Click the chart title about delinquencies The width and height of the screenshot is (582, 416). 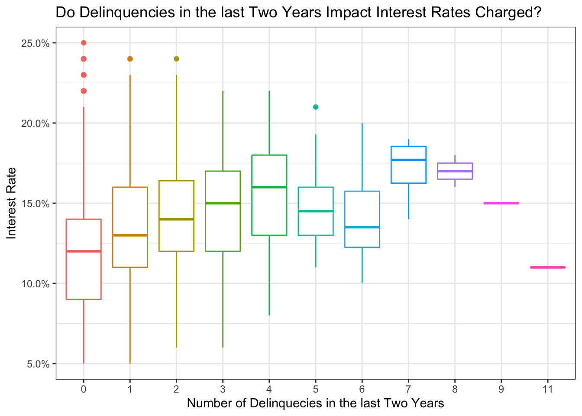299,13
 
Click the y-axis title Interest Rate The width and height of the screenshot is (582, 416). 12,203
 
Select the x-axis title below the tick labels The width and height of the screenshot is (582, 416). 315,403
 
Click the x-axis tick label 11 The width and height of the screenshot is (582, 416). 548,389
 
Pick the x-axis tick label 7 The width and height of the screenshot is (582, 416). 408,389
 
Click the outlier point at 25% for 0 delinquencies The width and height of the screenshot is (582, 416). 84,43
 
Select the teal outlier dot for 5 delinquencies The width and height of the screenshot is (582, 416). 316,107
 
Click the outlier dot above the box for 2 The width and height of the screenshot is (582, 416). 176,59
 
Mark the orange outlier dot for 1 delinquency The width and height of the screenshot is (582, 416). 130,59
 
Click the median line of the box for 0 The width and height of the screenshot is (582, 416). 84,251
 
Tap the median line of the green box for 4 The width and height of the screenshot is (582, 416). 269,187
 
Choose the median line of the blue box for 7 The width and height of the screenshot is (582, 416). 408,160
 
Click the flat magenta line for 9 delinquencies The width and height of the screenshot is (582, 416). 501,203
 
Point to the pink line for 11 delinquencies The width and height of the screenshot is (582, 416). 548,267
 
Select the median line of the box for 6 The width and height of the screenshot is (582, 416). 362,227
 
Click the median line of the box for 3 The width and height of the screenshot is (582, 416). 223,203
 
